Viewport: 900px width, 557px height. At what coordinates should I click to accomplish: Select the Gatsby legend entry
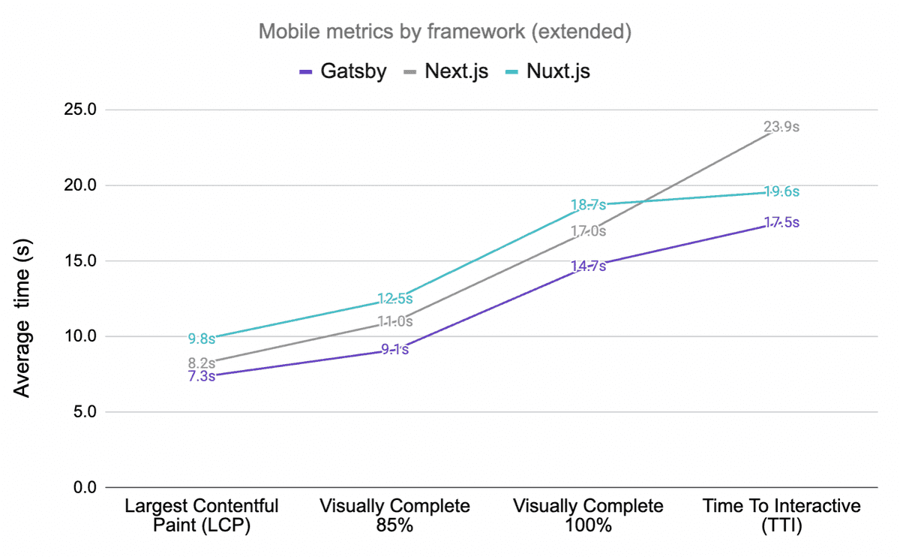(x=343, y=71)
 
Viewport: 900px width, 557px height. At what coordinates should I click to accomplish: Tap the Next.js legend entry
(x=445, y=71)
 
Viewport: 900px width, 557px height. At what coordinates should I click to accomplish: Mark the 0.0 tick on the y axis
(x=81, y=488)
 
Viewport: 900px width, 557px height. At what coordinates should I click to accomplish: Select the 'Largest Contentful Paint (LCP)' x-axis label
(x=202, y=515)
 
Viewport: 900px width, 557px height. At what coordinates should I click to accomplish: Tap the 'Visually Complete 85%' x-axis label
(x=394, y=515)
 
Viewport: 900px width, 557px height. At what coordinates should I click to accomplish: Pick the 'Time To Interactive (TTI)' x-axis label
(x=781, y=515)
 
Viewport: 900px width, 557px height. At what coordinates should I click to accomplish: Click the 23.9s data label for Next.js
(x=781, y=128)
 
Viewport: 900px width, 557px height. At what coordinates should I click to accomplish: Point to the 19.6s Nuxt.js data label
(x=781, y=191)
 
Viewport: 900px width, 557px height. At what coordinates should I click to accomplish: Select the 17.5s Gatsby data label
(x=781, y=223)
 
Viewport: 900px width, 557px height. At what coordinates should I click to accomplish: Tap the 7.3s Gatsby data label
(x=201, y=376)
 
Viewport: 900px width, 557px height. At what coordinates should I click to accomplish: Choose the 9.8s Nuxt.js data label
(x=201, y=339)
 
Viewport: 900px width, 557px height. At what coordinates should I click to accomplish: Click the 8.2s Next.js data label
(x=201, y=363)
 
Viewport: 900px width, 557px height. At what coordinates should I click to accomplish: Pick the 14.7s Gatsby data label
(x=588, y=266)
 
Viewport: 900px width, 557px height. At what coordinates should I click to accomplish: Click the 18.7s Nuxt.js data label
(x=588, y=205)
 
